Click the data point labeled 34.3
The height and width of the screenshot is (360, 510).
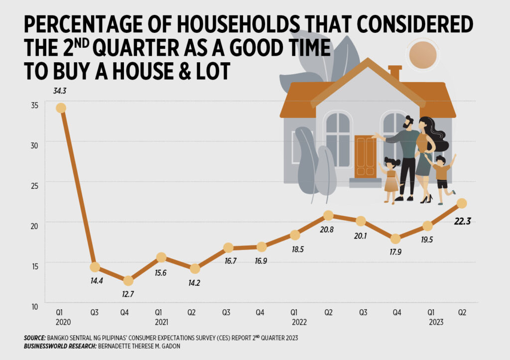click(x=61, y=108)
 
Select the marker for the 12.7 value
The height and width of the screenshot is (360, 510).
click(x=128, y=281)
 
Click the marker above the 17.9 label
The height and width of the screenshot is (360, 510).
click(x=395, y=239)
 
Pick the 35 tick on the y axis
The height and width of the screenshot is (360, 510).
click(x=34, y=106)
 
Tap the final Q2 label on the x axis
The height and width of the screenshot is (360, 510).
click(x=462, y=313)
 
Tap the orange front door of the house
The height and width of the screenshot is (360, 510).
click(x=365, y=156)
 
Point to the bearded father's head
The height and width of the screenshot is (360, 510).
click(x=408, y=123)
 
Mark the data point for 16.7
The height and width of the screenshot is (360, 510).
click(x=228, y=247)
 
